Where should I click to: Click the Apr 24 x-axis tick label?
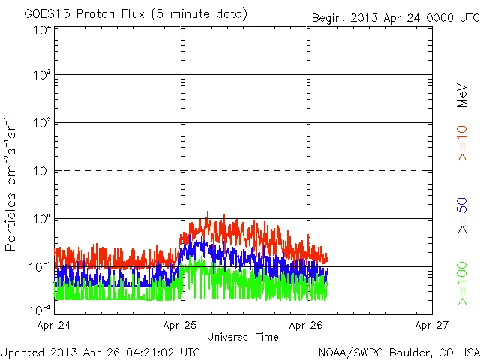point(55,325)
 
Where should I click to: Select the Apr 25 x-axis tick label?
point(181,325)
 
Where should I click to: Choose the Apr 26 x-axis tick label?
point(307,325)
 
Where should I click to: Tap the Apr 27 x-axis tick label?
point(432,325)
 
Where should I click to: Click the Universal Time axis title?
point(243,337)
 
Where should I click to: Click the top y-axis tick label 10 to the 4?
point(41,30)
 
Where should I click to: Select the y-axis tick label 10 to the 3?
point(41,76)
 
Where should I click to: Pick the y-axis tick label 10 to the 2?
point(41,124)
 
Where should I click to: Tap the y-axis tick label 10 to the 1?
point(41,172)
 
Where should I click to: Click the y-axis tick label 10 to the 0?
point(41,220)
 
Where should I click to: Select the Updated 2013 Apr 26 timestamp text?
point(100,351)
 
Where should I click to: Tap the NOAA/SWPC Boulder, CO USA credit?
point(397,351)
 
